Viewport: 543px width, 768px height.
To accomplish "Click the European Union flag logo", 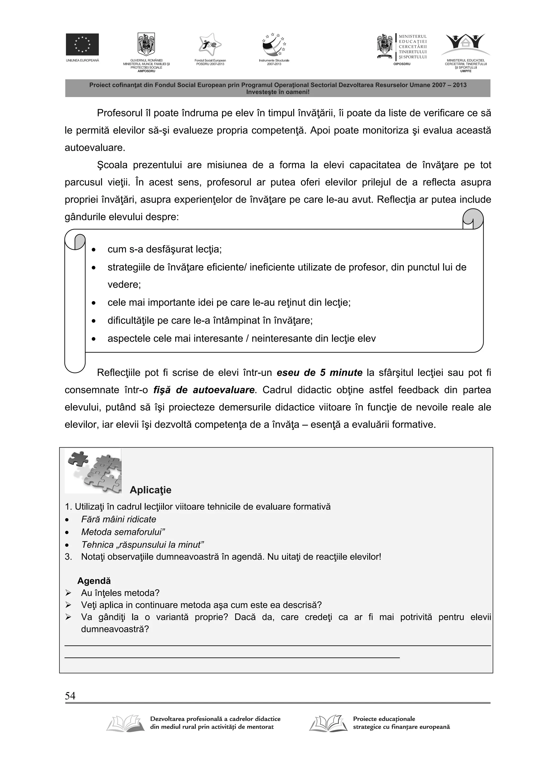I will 82,44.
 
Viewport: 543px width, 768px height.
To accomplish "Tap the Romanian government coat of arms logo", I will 146,44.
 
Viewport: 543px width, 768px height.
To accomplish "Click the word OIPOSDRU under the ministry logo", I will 402,64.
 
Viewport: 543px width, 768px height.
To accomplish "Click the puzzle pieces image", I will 93,471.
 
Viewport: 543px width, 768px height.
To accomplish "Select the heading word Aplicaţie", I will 150,490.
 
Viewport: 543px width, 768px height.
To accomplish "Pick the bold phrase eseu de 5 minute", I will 319,373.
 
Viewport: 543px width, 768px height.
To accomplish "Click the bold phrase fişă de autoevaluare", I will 204,390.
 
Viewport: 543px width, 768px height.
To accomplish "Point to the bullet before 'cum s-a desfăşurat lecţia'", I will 94,250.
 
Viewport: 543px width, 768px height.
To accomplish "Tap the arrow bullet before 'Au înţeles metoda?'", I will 68,593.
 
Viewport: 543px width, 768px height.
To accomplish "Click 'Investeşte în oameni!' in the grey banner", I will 278,92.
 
